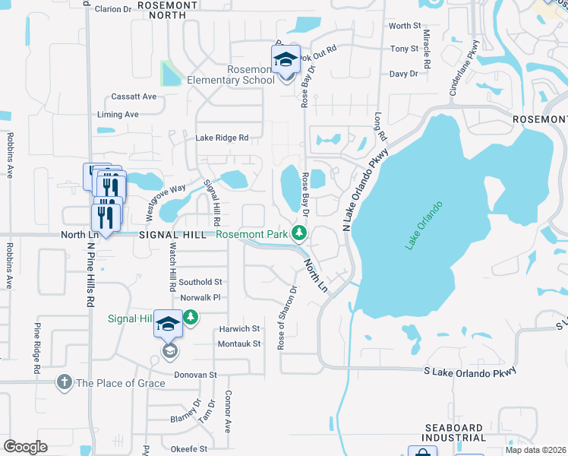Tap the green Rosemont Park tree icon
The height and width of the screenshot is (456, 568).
pyautogui.click(x=301, y=232)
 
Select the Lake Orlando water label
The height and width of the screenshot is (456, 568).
pyautogui.click(x=424, y=225)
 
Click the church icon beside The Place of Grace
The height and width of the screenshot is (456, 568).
pyautogui.click(x=65, y=382)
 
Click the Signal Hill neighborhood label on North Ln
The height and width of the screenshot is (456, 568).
pyautogui.click(x=172, y=236)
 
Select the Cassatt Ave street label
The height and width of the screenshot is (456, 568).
pyautogui.click(x=134, y=97)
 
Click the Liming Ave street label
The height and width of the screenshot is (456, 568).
pyautogui.click(x=118, y=114)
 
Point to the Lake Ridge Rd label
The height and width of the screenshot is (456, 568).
pyautogui.click(x=222, y=138)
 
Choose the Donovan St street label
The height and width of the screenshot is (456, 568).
pyautogui.click(x=196, y=375)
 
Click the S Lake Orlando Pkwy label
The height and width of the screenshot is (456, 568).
pyautogui.click(x=471, y=370)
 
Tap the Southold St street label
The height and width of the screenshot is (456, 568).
pyautogui.click(x=200, y=282)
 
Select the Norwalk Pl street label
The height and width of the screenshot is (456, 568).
pyautogui.click(x=200, y=297)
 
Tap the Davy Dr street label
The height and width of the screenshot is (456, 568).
pyautogui.click(x=403, y=74)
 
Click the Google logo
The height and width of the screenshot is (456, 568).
pyautogui.click(x=26, y=447)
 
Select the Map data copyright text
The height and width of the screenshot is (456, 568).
pyautogui.click(x=535, y=449)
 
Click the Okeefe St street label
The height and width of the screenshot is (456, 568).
pyautogui.click(x=188, y=449)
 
